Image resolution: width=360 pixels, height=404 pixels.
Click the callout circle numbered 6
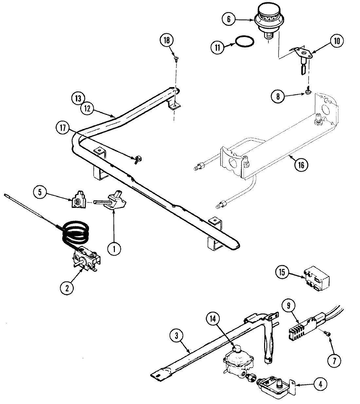[228, 19]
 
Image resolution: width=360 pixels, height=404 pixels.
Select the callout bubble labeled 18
[167, 40]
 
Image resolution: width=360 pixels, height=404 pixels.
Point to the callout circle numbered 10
[337, 41]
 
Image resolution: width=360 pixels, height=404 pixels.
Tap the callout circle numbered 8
[277, 97]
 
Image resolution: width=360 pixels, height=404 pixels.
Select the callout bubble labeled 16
[301, 165]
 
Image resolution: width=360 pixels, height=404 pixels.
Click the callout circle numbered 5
[40, 192]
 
